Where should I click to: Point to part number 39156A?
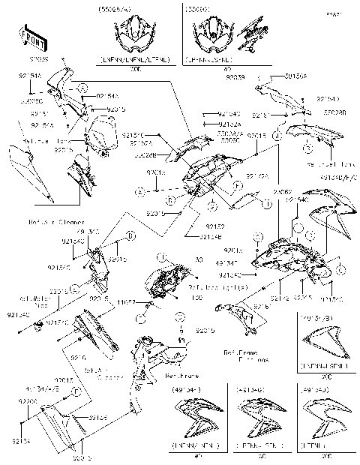point(275,76)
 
